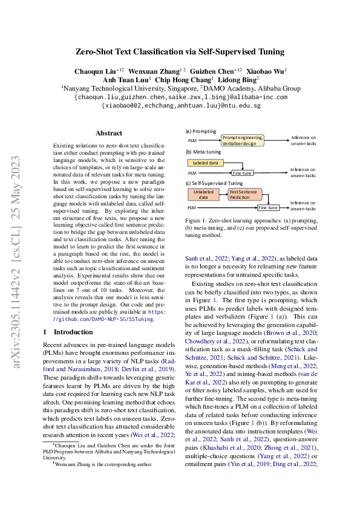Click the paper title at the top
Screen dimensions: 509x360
point(180,52)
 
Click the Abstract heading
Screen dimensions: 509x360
point(110,133)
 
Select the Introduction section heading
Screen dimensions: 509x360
point(67,332)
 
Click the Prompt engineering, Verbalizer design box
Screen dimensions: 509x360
point(243,140)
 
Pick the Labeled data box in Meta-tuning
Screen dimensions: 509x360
point(206,163)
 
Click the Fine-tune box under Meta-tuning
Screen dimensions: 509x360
point(243,173)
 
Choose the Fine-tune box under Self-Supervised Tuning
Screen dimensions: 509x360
point(268,207)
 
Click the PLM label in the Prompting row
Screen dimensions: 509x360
point(192,141)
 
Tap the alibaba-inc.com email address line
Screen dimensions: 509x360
point(180,97)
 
